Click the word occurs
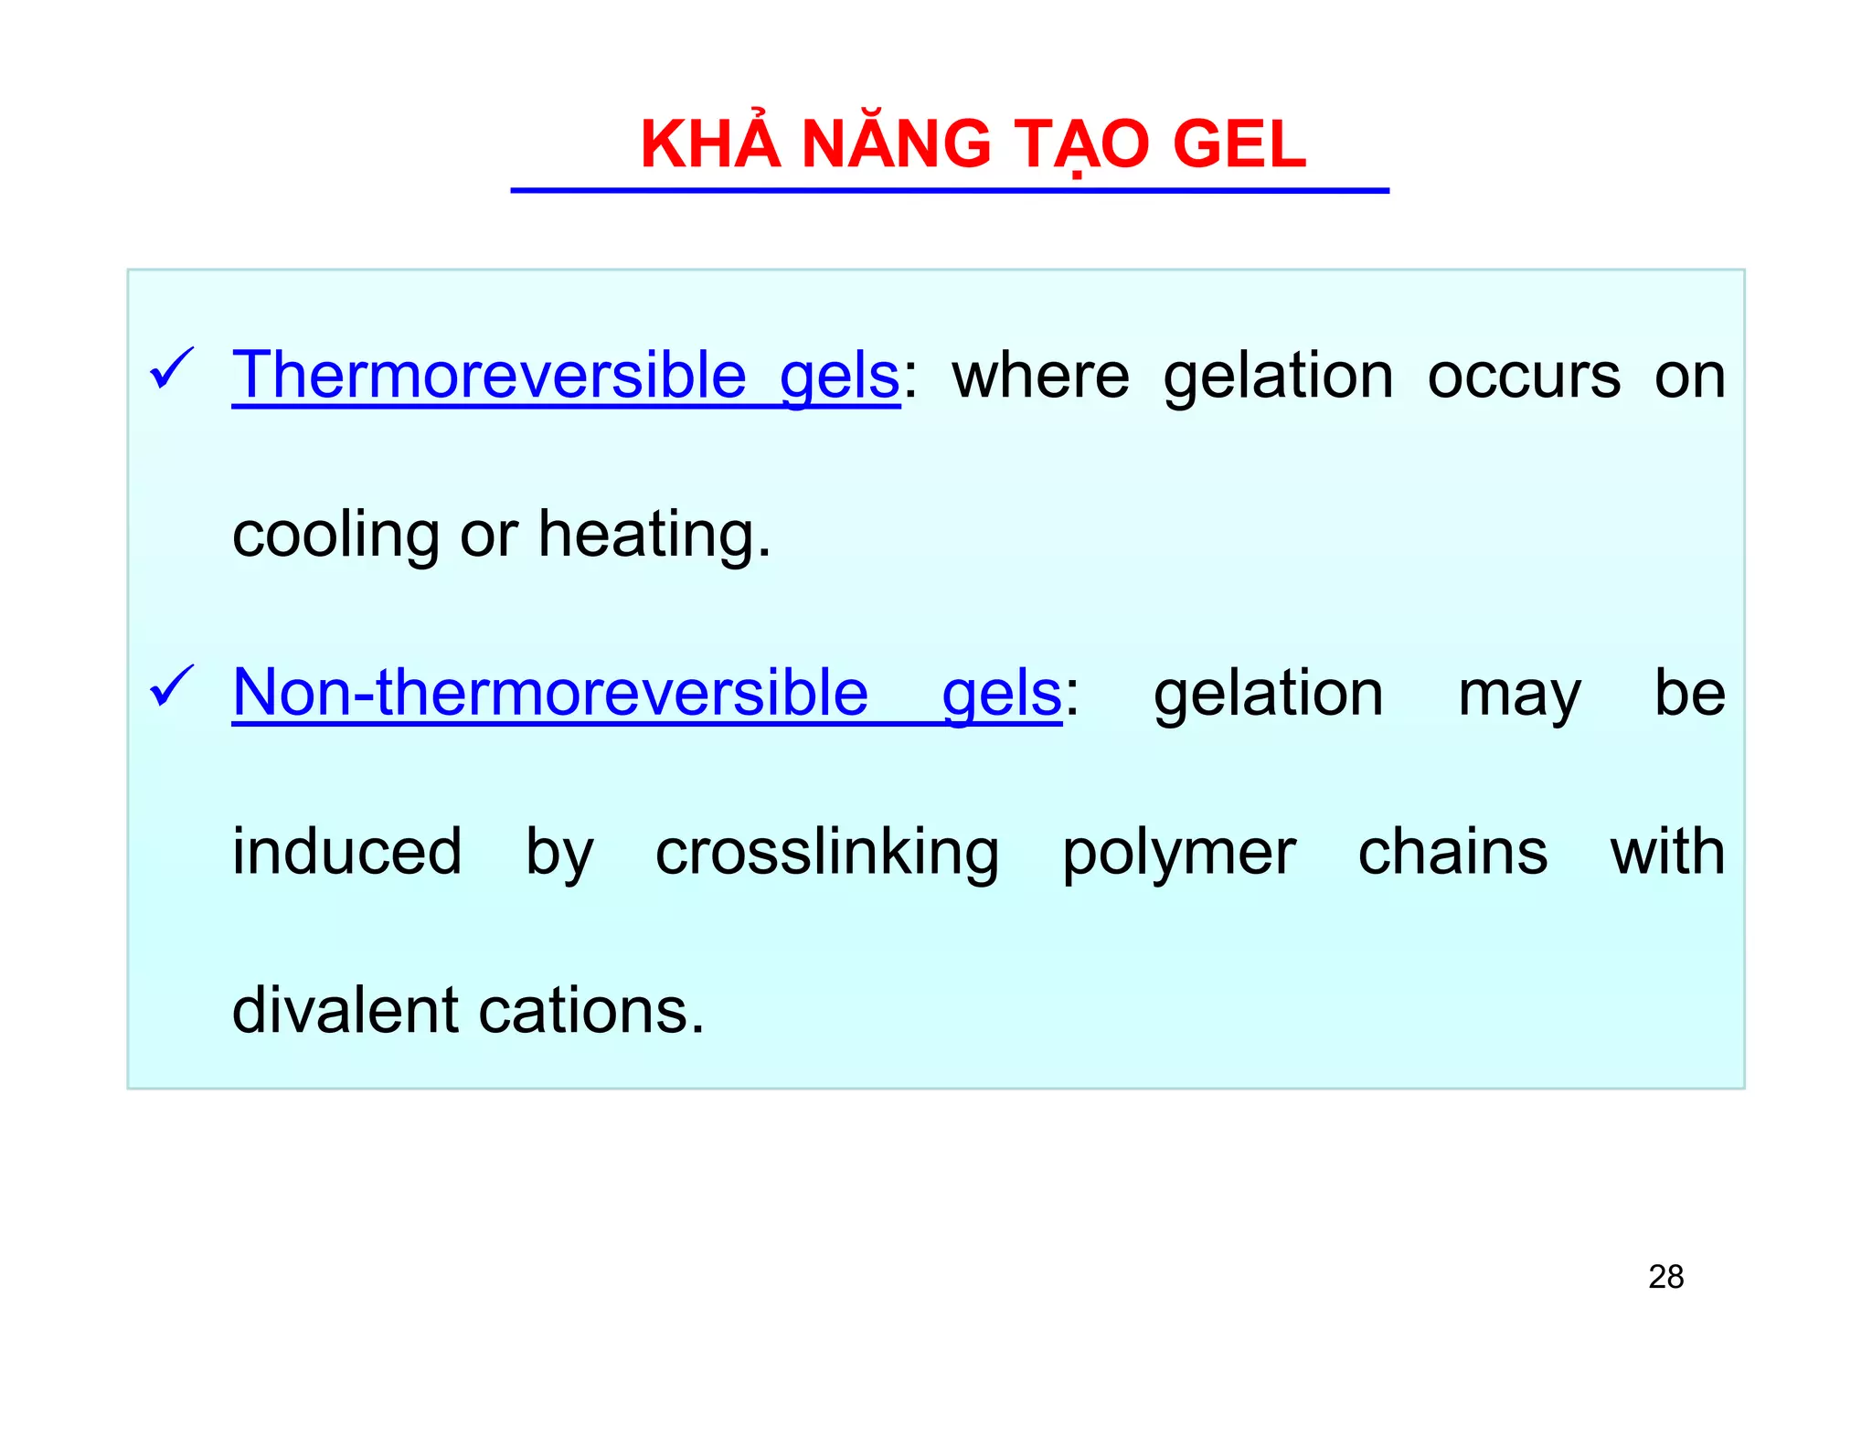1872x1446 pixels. [1524, 377]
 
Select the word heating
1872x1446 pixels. [654, 535]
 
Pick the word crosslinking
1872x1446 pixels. [827, 852]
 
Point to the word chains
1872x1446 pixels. [1452, 852]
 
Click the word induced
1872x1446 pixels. [347, 852]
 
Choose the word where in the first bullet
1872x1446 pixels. [1040, 377]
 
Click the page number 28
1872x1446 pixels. [1665, 1277]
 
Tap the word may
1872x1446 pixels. [1519, 695]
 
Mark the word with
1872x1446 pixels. [1667, 852]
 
